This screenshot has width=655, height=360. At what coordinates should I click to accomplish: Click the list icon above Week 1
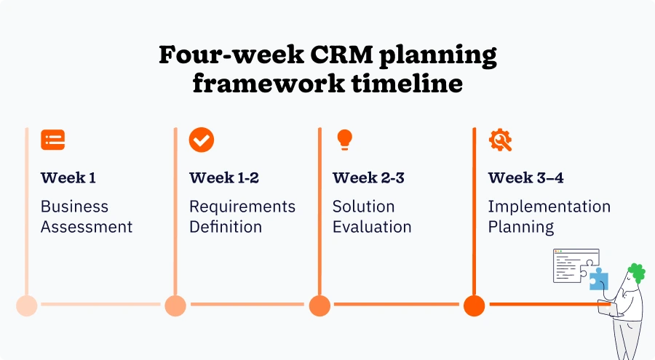click(52, 140)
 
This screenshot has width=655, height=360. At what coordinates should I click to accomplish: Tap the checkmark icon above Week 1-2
click(202, 140)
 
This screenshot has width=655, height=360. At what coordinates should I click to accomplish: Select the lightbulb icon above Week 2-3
click(344, 140)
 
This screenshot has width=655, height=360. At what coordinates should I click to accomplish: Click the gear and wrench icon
click(500, 140)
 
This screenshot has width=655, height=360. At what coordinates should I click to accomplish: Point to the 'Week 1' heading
click(68, 177)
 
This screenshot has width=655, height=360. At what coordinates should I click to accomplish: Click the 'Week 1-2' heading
click(224, 177)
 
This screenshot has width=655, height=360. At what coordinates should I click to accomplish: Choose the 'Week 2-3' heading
click(368, 177)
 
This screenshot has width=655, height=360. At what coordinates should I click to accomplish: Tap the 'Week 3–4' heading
click(525, 177)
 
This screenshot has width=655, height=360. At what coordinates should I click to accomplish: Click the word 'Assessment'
click(87, 227)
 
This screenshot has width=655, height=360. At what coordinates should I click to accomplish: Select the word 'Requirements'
click(242, 207)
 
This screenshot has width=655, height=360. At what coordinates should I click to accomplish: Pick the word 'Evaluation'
click(372, 227)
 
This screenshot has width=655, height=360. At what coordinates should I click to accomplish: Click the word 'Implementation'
click(549, 207)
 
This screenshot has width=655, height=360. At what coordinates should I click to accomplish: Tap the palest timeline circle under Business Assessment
click(27, 305)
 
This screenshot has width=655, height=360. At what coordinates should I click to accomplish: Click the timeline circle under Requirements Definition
click(175, 305)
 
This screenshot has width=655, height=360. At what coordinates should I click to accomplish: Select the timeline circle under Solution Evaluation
click(319, 305)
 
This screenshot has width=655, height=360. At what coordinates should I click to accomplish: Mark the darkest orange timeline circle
click(474, 305)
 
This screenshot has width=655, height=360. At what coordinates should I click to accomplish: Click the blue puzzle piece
click(598, 279)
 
